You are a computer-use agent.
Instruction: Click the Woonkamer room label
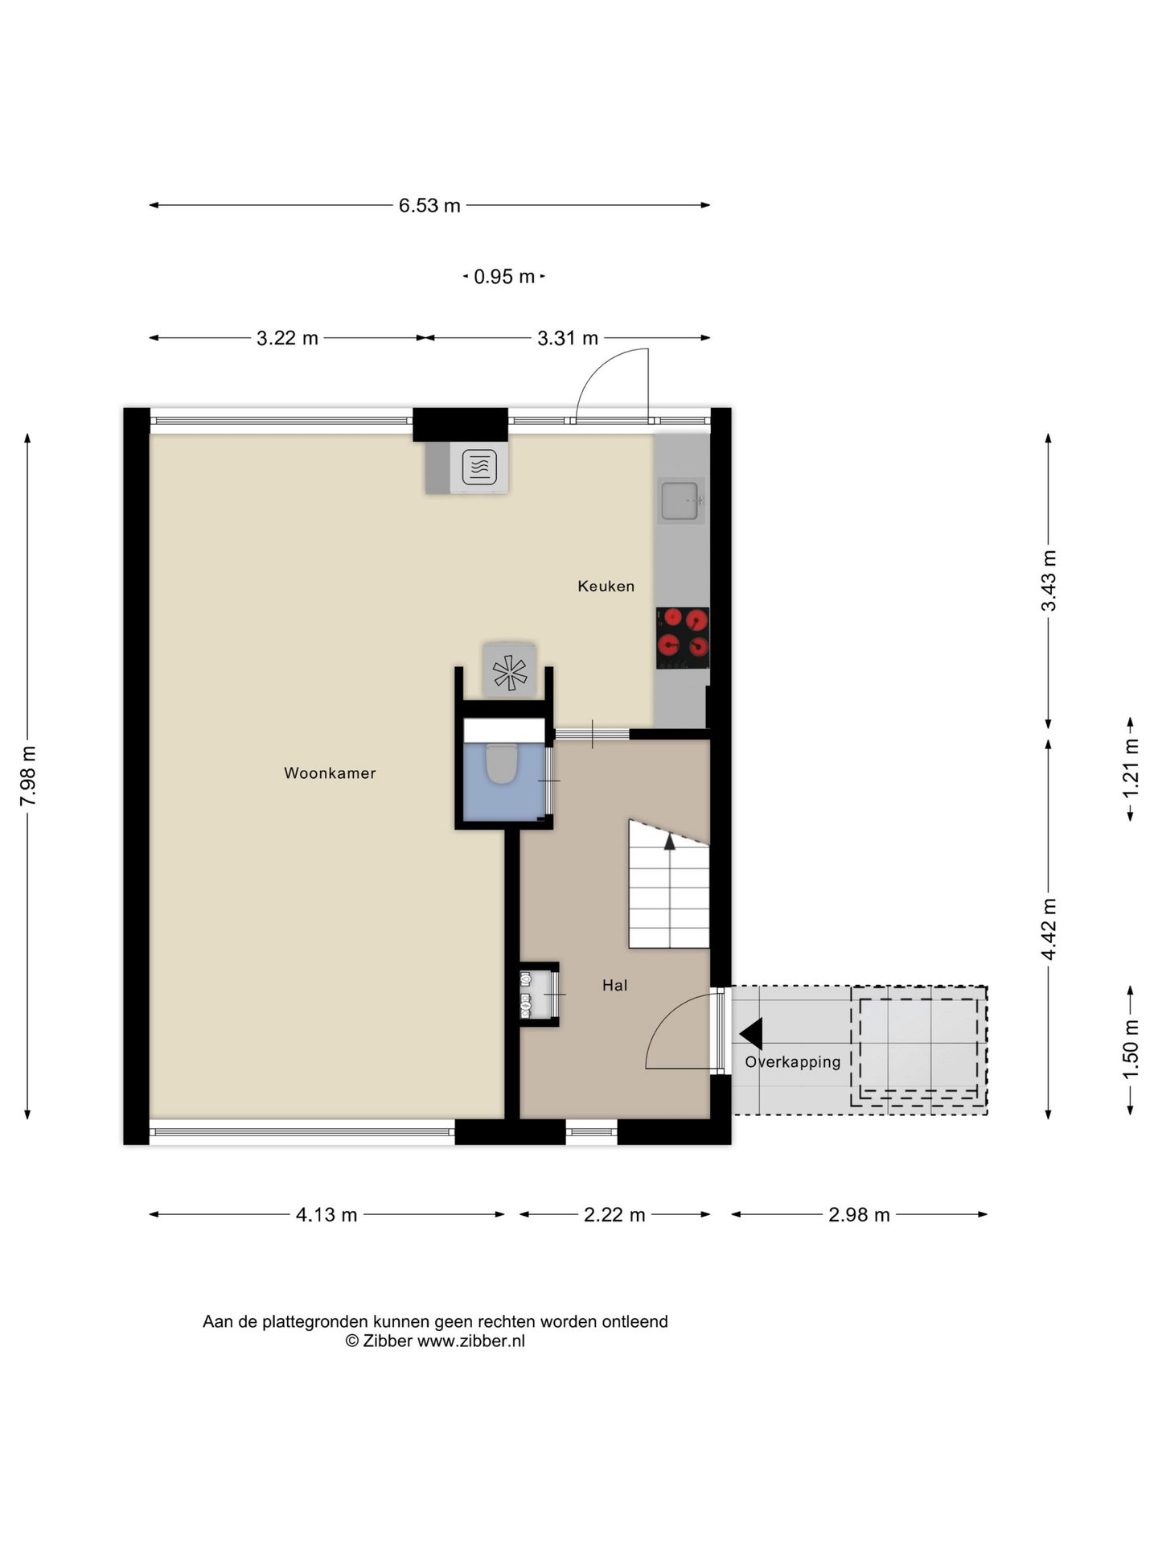click(330, 773)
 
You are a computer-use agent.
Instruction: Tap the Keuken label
click(606, 587)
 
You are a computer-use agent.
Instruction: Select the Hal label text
click(615, 985)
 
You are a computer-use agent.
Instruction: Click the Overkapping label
click(793, 1062)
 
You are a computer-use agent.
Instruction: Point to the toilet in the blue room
click(502, 763)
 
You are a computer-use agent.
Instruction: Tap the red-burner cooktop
click(683, 637)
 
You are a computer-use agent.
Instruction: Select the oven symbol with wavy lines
click(479, 467)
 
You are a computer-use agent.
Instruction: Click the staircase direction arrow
click(669, 842)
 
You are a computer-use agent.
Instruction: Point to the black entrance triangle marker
click(751, 1034)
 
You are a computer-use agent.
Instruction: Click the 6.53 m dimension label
click(429, 206)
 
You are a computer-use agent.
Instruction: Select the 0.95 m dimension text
click(504, 277)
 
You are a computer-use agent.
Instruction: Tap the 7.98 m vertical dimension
click(28, 776)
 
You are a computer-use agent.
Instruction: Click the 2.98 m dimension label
click(859, 1215)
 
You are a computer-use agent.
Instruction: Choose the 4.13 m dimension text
click(326, 1215)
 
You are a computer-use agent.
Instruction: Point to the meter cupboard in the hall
click(539, 995)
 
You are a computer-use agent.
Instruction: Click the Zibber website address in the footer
click(470, 1341)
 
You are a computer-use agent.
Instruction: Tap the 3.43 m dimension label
click(1049, 581)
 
